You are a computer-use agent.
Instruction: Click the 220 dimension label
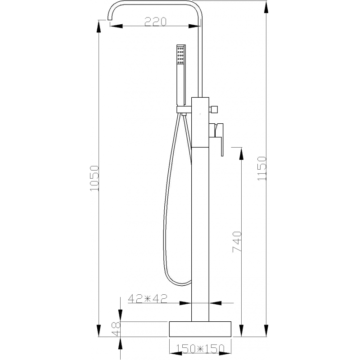155,21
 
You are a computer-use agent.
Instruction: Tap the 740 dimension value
238,242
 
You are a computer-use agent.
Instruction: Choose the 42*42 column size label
148,298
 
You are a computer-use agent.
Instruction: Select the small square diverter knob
214,109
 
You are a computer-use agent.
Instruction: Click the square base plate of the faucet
200,329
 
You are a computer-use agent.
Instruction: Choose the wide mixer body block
202,122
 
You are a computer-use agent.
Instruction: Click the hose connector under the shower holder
184,115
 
